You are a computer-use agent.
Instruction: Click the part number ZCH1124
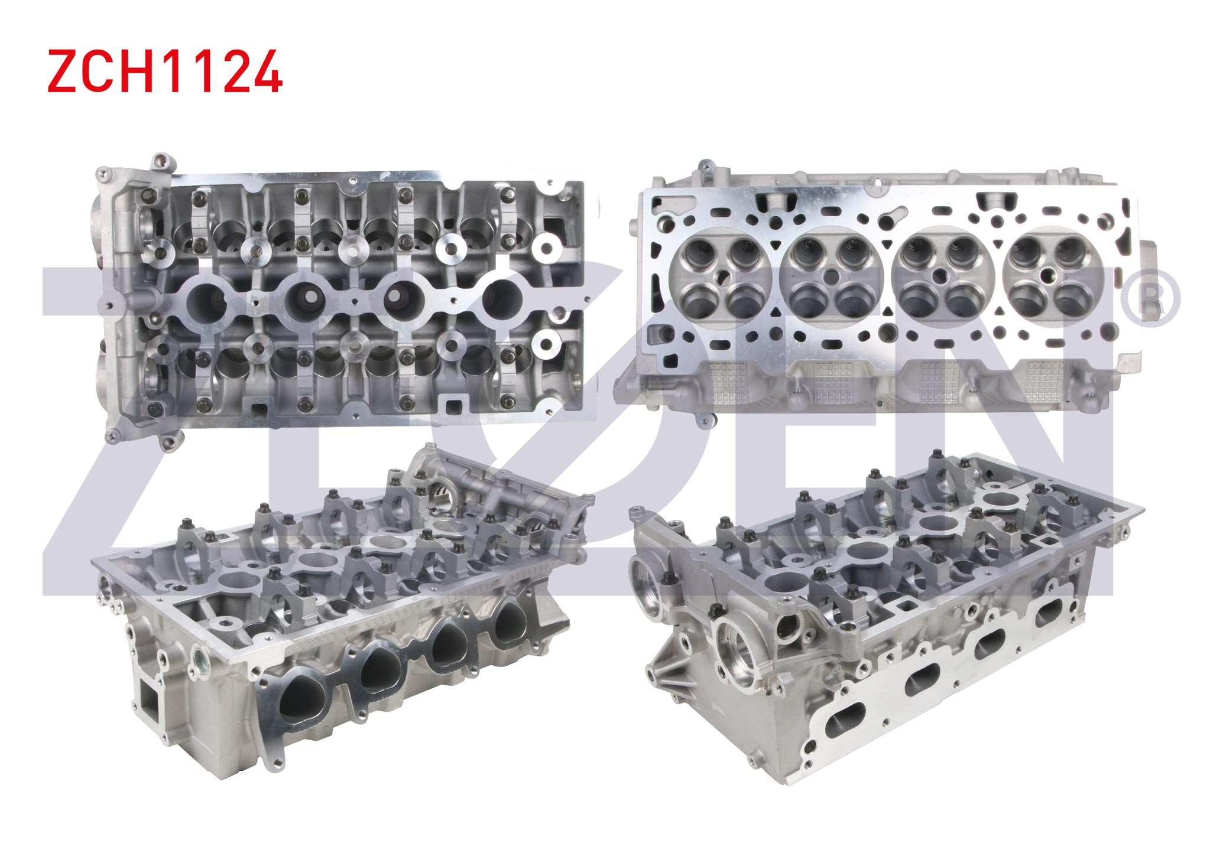click(165, 71)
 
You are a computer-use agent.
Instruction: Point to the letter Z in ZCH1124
click(64, 71)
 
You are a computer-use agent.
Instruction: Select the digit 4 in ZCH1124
click(264, 71)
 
